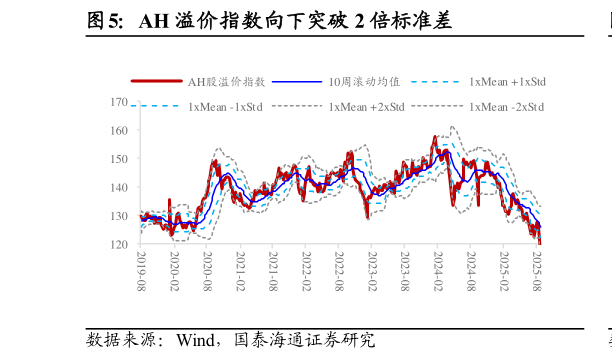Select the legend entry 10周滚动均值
pyautogui.click(x=364, y=82)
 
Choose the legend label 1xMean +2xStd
pyautogui.click(x=366, y=106)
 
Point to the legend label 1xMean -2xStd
pyautogui.click(x=506, y=106)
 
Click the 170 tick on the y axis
pyautogui.click(x=119, y=102)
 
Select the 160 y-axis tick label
pyautogui.click(x=119, y=131)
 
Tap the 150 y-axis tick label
pyautogui.click(x=119, y=159)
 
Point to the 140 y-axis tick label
pyautogui.click(x=119, y=188)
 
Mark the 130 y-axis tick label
pyautogui.click(x=119, y=216)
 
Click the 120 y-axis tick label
pyautogui.click(x=119, y=244)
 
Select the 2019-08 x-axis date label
pyautogui.click(x=141, y=270)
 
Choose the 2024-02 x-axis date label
pyautogui.click(x=438, y=270)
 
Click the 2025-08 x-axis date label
pyautogui.click(x=537, y=270)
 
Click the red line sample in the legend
pyautogui.click(x=157, y=82)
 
